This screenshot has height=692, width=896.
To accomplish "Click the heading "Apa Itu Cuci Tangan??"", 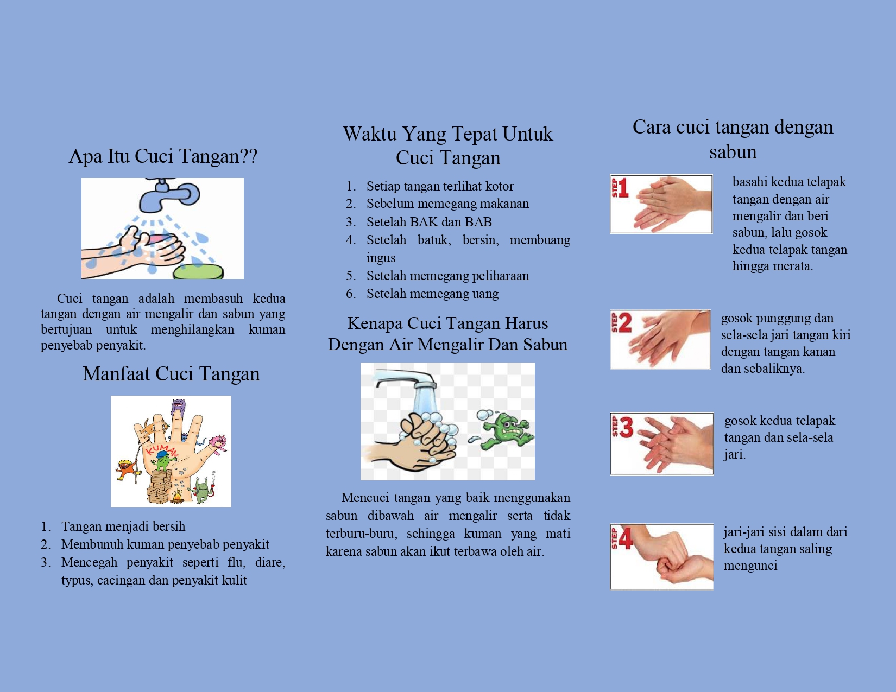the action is pyautogui.click(x=163, y=157).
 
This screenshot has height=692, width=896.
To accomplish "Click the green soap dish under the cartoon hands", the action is pyautogui.click(x=198, y=272).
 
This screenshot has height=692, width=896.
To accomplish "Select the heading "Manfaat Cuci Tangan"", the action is pyautogui.click(x=171, y=374).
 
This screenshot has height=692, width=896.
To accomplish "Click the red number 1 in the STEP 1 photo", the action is pyautogui.click(x=623, y=188).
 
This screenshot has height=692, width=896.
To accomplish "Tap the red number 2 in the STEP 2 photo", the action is pyautogui.click(x=624, y=323).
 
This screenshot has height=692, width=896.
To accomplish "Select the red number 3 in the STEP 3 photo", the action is pyautogui.click(x=626, y=427).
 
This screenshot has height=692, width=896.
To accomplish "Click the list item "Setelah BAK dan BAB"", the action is pyautogui.click(x=429, y=222).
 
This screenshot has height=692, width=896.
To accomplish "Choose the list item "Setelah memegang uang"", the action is pyautogui.click(x=433, y=294).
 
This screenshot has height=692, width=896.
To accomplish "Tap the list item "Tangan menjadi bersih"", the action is pyautogui.click(x=123, y=526).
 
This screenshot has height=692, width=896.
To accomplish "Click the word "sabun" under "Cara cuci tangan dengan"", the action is pyautogui.click(x=733, y=151).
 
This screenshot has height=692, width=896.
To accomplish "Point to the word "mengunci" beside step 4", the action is pyautogui.click(x=750, y=566).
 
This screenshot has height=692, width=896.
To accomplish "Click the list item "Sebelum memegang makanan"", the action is pyautogui.click(x=447, y=204).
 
